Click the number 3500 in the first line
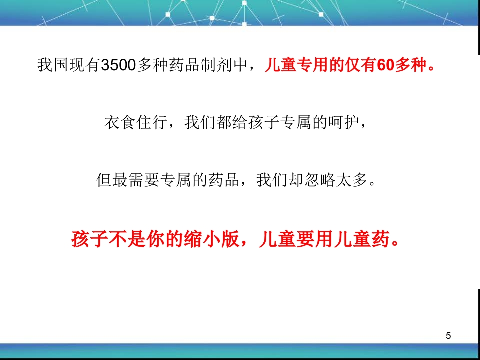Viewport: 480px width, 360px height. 118,65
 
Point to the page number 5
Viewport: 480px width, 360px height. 448,335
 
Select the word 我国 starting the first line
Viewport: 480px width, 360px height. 53,65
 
